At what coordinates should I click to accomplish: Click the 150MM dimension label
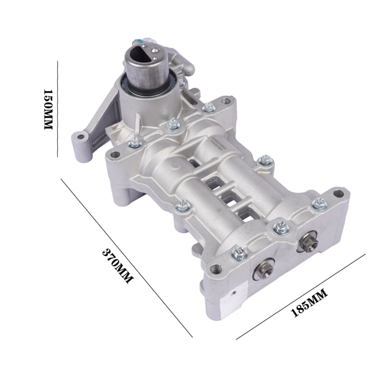click(x=46, y=110)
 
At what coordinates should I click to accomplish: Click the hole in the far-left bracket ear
click(x=79, y=137)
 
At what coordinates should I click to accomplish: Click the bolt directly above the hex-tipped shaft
click(x=280, y=227)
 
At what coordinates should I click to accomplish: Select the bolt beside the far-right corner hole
click(x=318, y=204)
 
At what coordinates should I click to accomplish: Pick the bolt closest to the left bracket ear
click(x=135, y=144)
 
